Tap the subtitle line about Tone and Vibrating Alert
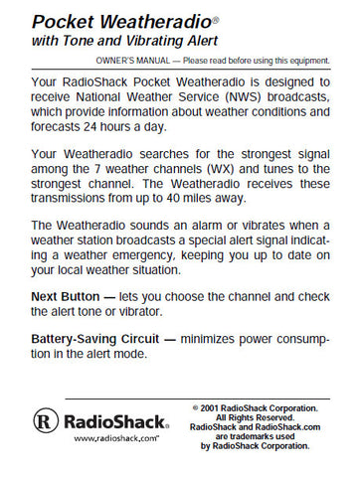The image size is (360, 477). pyautogui.click(x=120, y=41)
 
